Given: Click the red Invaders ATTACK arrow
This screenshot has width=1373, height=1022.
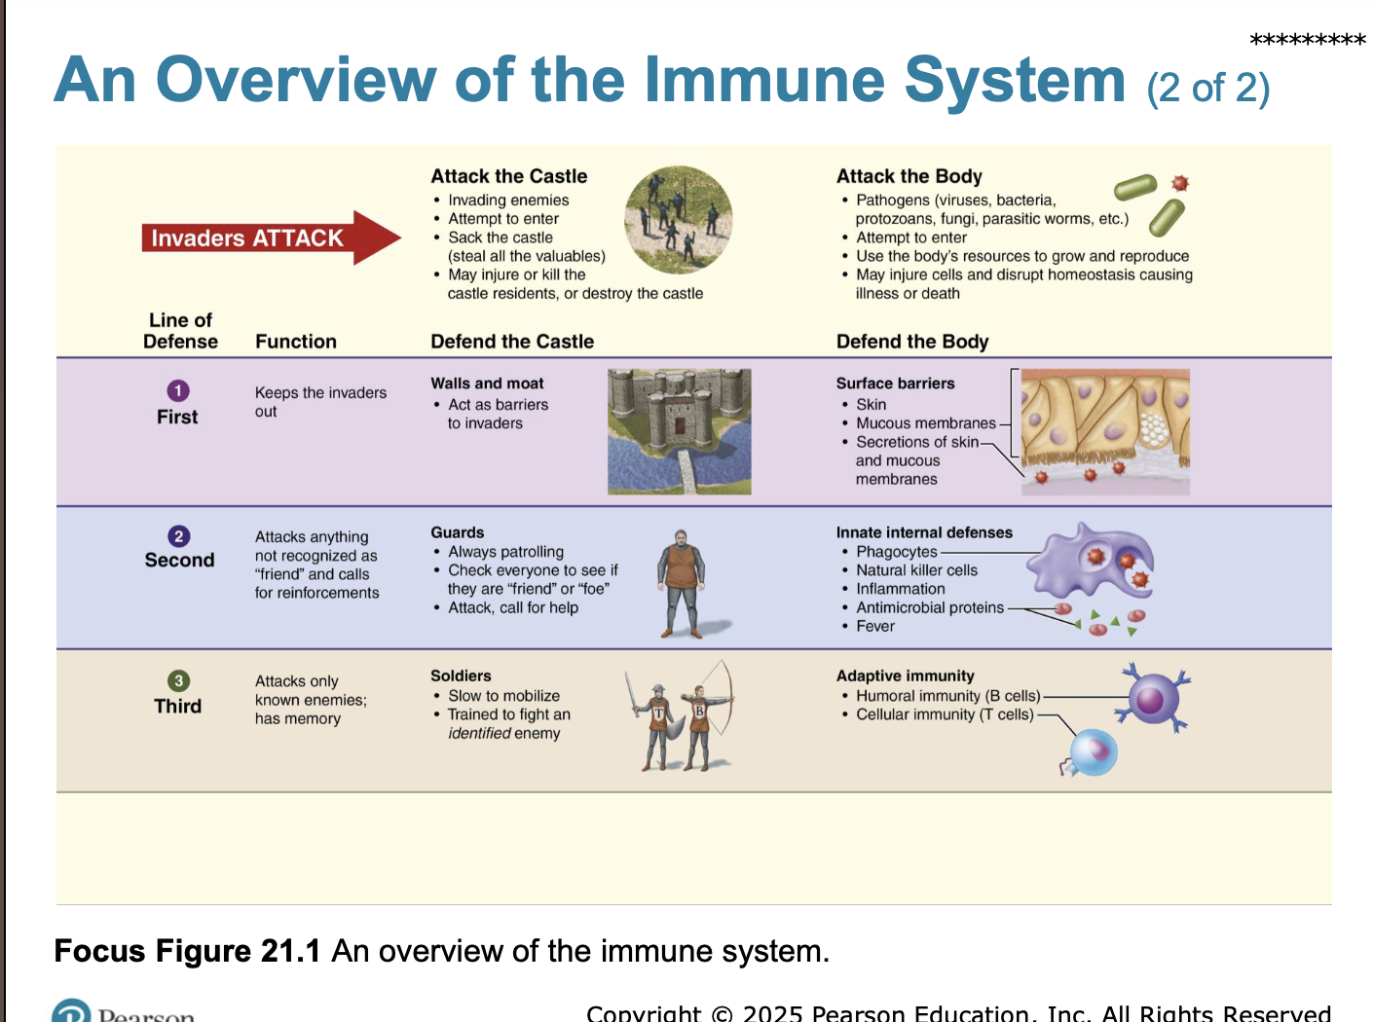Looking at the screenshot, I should [270, 237].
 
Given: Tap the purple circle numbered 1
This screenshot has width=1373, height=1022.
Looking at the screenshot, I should [178, 390].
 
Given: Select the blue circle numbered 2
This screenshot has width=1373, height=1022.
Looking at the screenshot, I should [179, 536].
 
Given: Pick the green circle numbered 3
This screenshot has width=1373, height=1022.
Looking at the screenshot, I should [179, 680].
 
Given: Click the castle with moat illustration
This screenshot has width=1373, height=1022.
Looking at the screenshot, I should [679, 431].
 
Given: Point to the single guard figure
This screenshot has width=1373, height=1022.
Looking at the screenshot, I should [682, 582].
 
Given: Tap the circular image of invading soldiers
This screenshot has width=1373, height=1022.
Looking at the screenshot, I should [678, 220].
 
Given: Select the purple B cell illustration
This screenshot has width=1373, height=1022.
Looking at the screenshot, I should [1154, 697].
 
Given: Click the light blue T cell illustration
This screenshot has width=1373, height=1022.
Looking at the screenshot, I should [1093, 752].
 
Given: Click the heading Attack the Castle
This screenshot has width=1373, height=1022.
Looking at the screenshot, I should [508, 176].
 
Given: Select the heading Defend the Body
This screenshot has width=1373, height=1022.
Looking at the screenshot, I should [911, 342].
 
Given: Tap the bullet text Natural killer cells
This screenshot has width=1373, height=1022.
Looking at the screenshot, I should [915, 570].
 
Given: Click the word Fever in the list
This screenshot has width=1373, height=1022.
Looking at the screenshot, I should [874, 626].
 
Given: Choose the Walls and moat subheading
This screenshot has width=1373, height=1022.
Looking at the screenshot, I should [487, 383].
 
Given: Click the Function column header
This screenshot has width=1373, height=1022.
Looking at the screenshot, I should [295, 342].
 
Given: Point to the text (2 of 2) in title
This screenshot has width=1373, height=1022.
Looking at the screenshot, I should [1207, 88].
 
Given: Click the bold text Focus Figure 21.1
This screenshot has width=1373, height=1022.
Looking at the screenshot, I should [187, 950].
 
